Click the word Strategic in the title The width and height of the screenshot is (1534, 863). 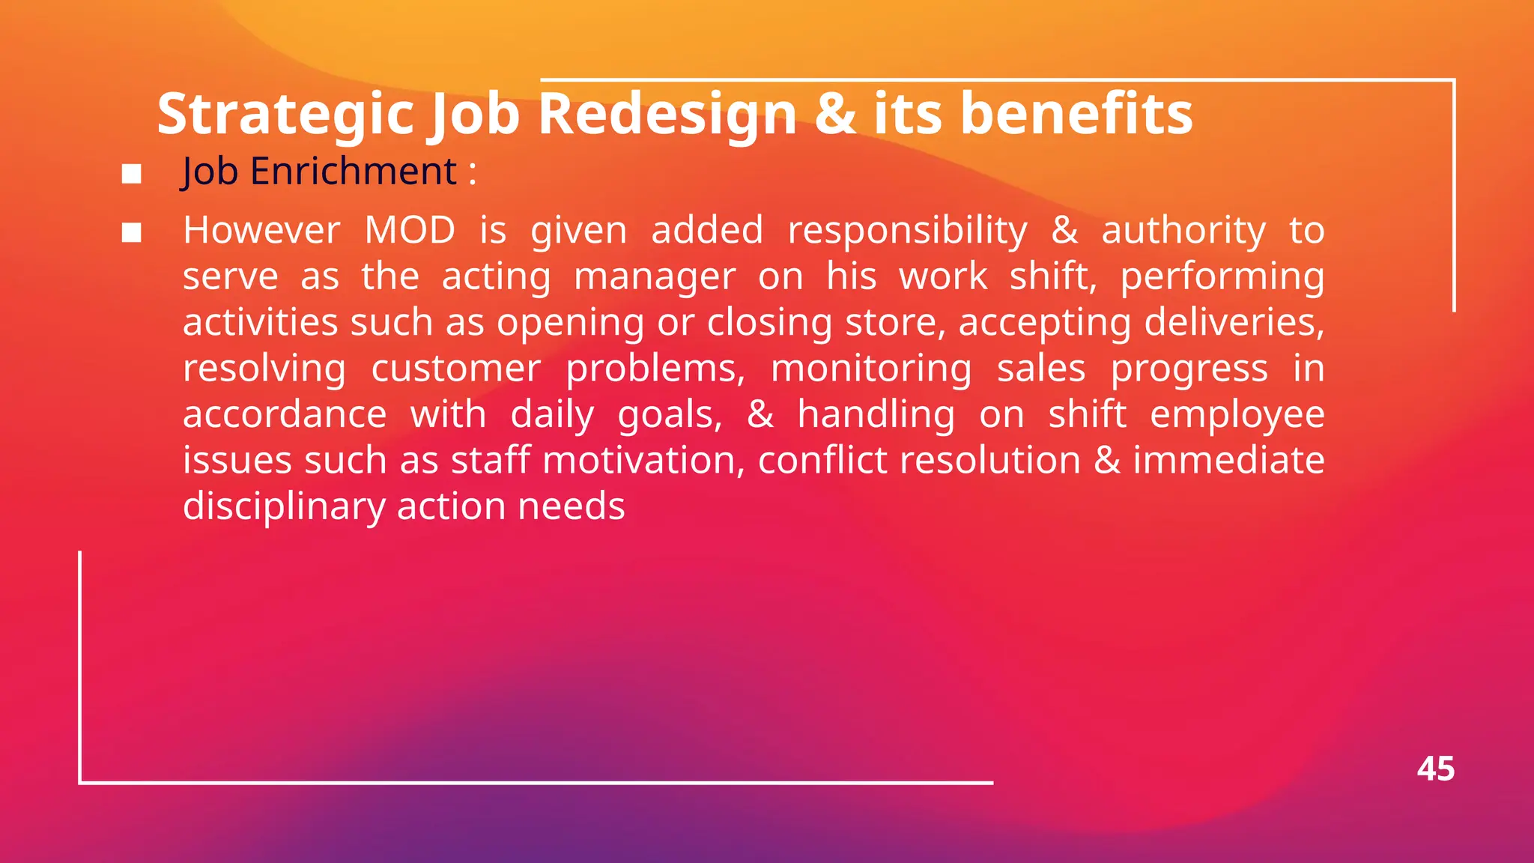(285, 114)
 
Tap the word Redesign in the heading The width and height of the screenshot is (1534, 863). (667, 114)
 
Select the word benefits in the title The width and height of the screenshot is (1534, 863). (1076, 114)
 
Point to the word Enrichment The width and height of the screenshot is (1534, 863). (353, 172)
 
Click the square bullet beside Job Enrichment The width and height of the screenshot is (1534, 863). (132, 174)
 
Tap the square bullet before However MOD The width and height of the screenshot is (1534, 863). (132, 233)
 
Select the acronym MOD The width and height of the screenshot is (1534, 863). (410, 230)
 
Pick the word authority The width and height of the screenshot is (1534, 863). (1183, 230)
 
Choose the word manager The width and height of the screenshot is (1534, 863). (655, 276)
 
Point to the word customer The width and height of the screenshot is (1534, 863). (455, 369)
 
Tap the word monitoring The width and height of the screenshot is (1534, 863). (871, 369)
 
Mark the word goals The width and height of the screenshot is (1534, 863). (669, 415)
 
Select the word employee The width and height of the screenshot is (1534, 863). (1237, 415)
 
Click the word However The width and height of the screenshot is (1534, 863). (261, 230)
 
